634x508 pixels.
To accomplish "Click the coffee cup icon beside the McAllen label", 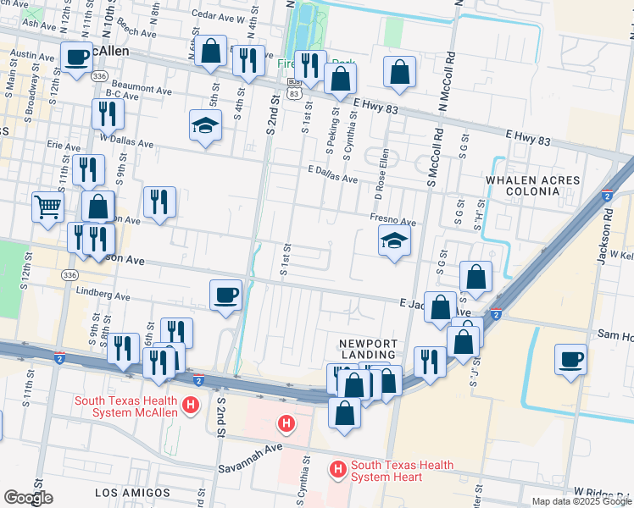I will (76, 58).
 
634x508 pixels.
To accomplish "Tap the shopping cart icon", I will (47, 206).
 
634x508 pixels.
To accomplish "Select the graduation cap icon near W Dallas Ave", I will (204, 126).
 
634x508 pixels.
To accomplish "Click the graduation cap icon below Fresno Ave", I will (394, 241).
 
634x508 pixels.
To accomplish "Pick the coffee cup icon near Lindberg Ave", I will (225, 295).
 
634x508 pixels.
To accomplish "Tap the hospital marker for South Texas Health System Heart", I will (338, 467).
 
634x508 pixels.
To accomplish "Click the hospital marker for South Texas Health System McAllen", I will (191, 406).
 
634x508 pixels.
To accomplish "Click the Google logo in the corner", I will (28, 498).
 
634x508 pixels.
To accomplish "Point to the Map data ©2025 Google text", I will (581, 501).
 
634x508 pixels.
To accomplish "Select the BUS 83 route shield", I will (293, 87).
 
